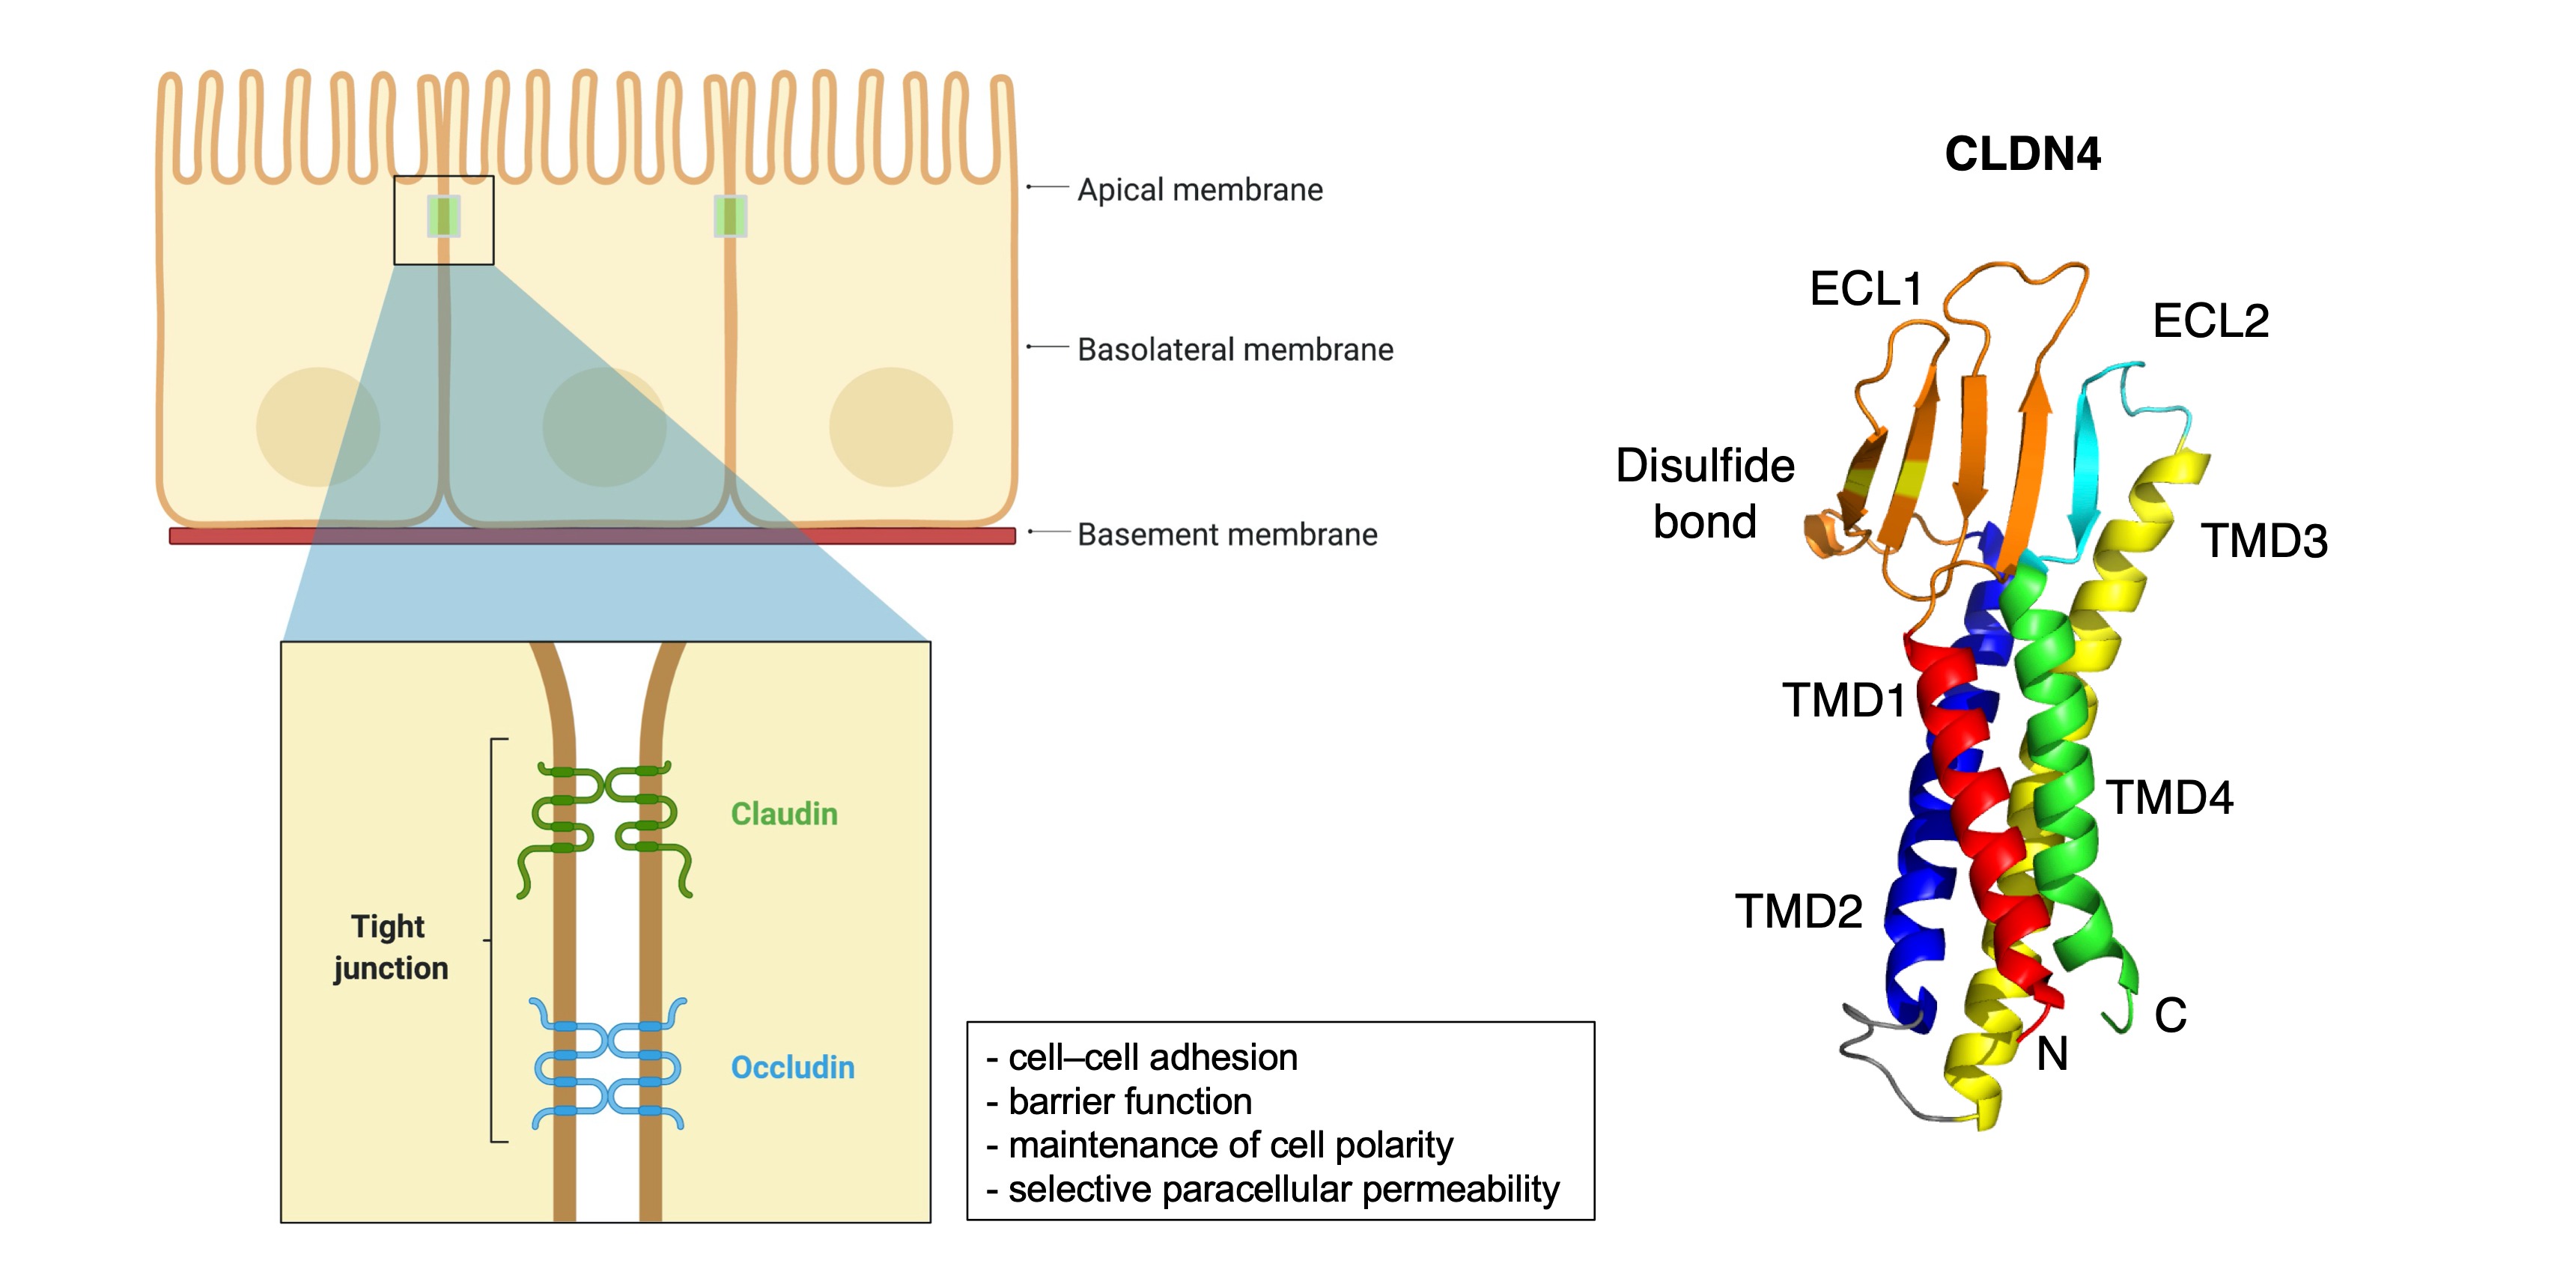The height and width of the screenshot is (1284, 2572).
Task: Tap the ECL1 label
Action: coord(1865,290)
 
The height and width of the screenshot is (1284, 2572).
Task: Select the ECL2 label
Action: coord(2210,321)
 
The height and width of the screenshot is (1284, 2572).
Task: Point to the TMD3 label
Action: coord(2264,541)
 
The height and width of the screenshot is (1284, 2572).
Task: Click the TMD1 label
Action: coord(1843,701)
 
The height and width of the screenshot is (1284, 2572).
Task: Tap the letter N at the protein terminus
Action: coord(2052,1054)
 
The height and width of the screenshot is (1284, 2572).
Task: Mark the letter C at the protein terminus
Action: coord(2171,1015)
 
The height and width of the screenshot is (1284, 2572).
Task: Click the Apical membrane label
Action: coord(1199,189)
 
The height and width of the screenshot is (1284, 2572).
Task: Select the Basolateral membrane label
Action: coord(1235,350)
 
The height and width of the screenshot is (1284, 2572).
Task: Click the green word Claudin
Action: coord(784,814)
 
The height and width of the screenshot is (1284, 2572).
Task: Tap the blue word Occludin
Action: coord(793,1068)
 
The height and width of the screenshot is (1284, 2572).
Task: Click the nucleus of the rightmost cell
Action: coord(890,428)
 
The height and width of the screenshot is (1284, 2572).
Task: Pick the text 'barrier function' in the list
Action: coord(1129,1101)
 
